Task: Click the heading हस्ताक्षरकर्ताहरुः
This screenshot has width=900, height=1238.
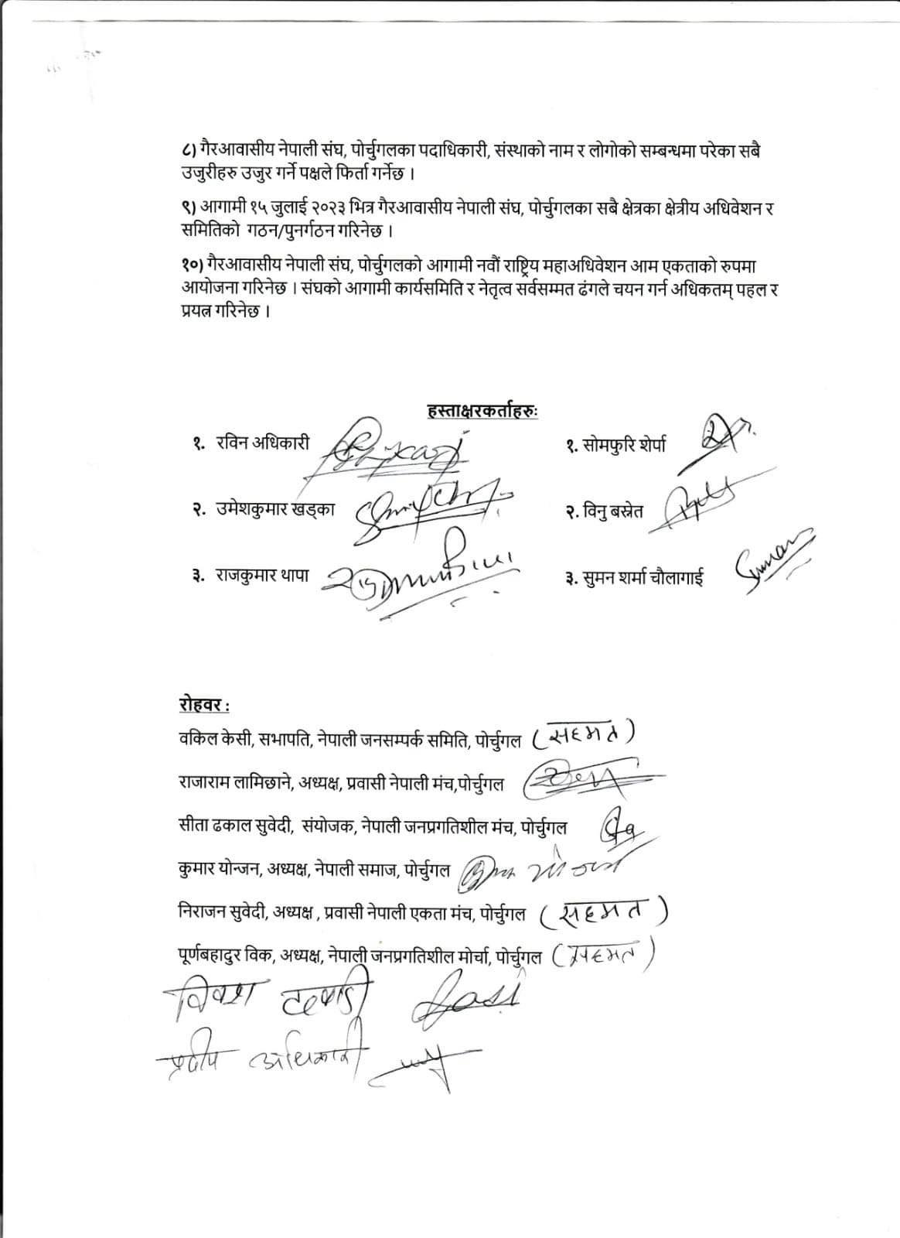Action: pyautogui.click(x=482, y=411)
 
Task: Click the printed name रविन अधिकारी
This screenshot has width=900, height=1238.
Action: pyautogui.click(x=263, y=443)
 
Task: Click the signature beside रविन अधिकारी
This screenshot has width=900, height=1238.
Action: pyautogui.click(x=394, y=448)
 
